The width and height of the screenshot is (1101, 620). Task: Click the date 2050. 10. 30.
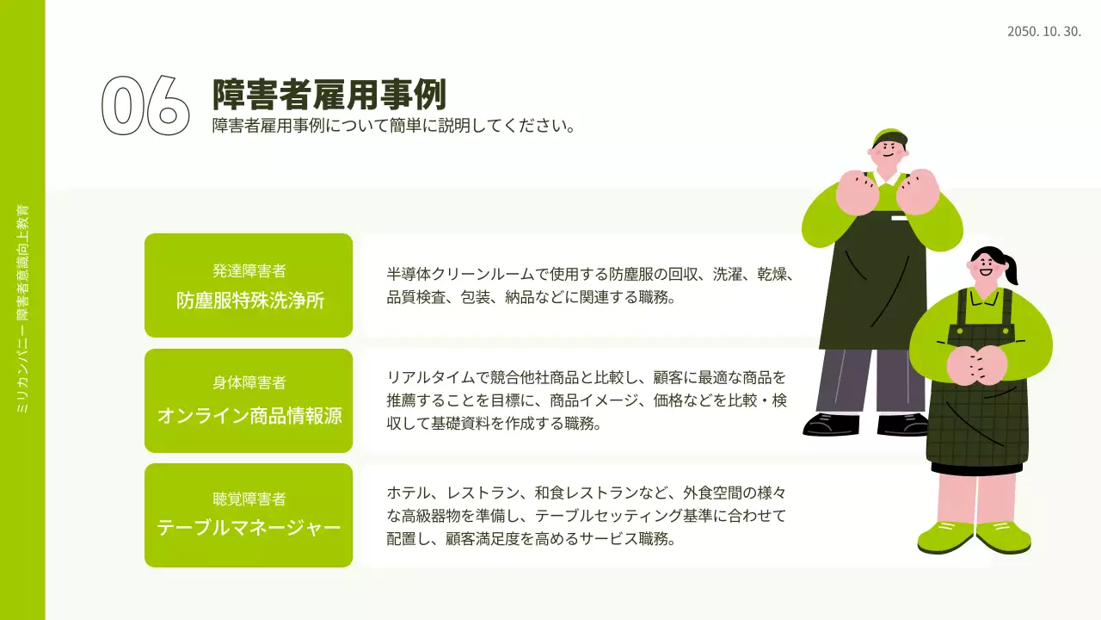[1043, 32]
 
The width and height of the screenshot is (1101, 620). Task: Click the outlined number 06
[145, 106]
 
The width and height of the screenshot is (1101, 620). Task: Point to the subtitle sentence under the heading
[393, 126]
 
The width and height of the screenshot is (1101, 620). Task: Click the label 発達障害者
[249, 271]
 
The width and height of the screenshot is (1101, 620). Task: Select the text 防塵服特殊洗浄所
[249, 301]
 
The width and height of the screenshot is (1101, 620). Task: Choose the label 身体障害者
[249, 382]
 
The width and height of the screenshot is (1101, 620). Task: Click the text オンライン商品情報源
[249, 416]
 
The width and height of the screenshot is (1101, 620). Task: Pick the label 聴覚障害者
[249, 499]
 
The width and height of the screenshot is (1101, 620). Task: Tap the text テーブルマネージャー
[249, 528]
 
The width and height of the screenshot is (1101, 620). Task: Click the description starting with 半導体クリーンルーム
[589, 286]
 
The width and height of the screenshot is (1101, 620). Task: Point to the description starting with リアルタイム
[587, 400]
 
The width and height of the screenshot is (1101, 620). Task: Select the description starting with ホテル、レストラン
[587, 516]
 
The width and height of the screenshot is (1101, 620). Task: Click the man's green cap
[889, 137]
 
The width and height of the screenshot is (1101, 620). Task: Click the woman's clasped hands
[975, 364]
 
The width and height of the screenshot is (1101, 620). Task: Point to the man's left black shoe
[830, 425]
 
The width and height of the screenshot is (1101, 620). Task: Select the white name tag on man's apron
[899, 219]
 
